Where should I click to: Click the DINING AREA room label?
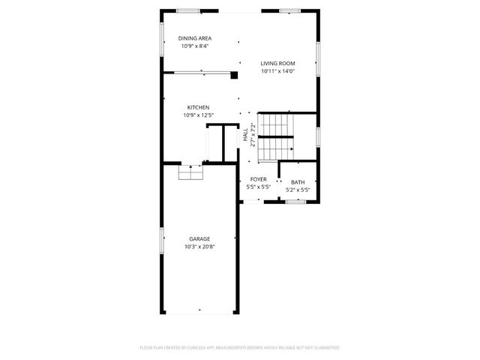[195, 38]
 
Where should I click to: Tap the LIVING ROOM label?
[277, 64]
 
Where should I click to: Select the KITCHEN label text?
[198, 107]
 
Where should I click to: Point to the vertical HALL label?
[245, 134]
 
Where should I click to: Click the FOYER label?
[259, 179]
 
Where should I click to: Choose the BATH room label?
[298, 182]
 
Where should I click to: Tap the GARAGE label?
[199, 239]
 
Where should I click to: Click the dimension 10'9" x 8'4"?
[195, 46]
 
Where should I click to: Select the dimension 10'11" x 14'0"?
[277, 71]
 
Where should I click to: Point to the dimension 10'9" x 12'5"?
[198, 115]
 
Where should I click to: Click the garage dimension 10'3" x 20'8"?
[199, 247]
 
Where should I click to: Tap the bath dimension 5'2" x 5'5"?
[298, 190]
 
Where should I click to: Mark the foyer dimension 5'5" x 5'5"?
[259, 187]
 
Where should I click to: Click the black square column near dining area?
[234, 74]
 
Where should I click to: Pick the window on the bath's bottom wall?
[298, 200]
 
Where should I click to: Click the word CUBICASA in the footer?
[197, 348]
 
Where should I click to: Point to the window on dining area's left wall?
[163, 38]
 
